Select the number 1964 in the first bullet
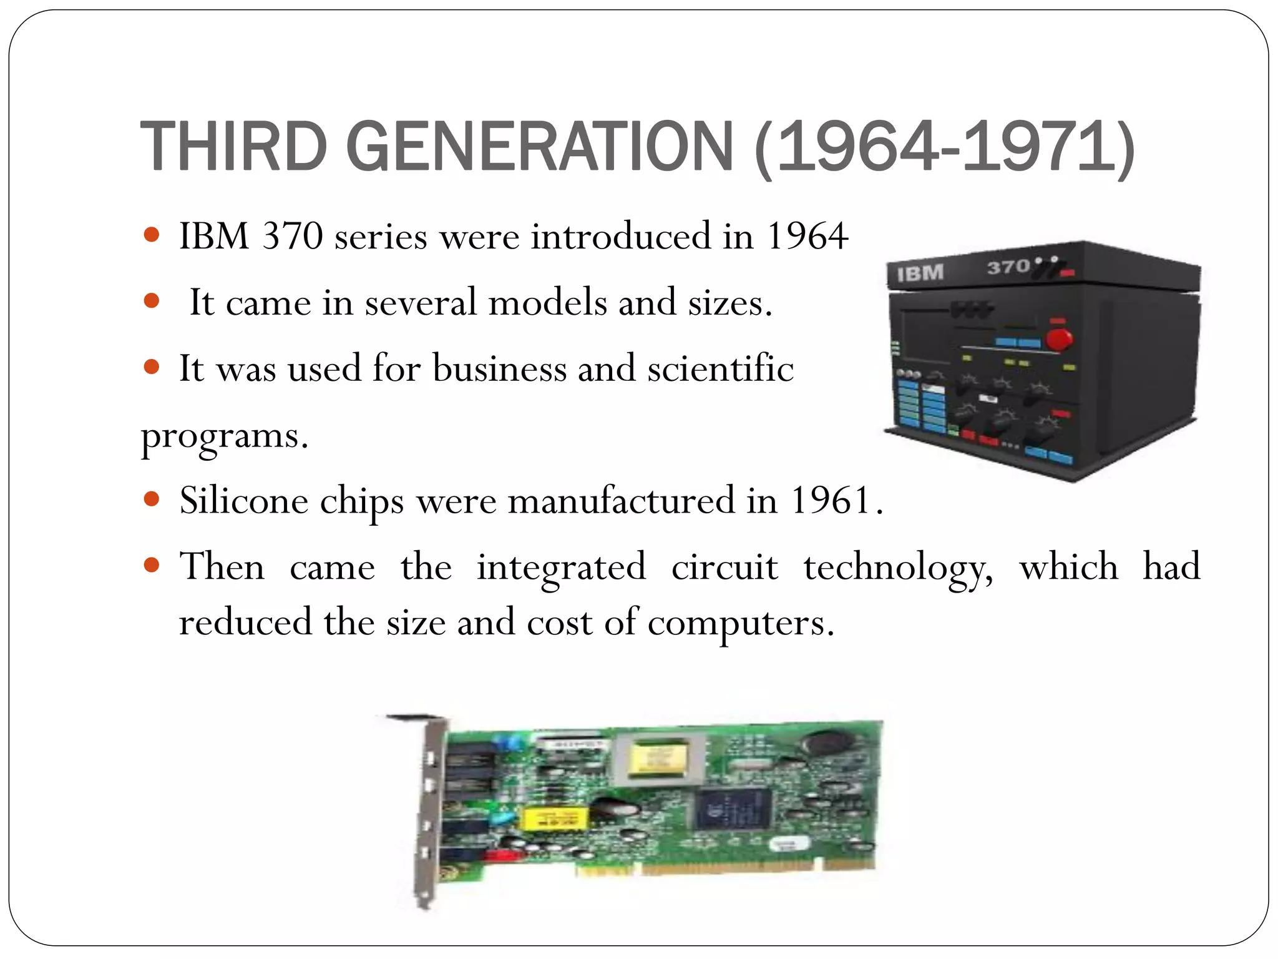(807, 236)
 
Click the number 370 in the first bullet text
(292, 236)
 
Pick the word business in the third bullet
(499, 368)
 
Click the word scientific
(720, 368)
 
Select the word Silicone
(243, 500)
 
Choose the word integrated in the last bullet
(561, 568)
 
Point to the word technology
(898, 568)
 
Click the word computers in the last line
(740, 623)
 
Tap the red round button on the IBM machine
(1058, 340)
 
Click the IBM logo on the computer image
(920, 273)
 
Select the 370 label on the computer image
(1008, 267)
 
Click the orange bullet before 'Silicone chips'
(152, 499)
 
